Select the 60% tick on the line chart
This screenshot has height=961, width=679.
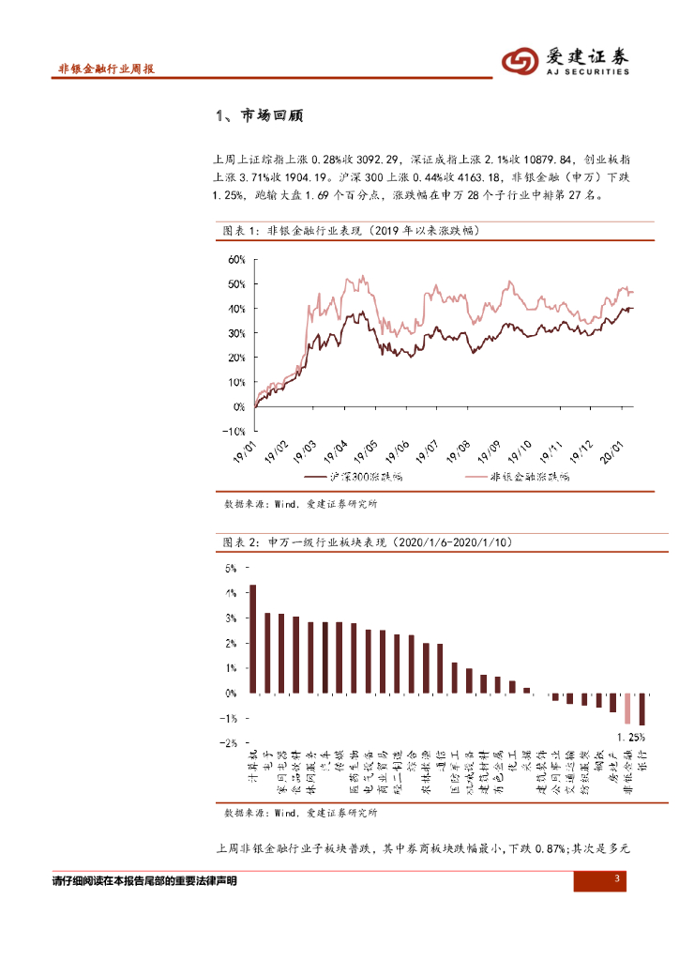click(x=234, y=259)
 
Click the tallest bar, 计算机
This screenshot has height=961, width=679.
click(x=252, y=639)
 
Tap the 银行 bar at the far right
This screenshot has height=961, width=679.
click(x=642, y=709)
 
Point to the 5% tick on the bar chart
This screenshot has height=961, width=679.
click(x=231, y=569)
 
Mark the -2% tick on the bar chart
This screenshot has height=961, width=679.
click(x=230, y=743)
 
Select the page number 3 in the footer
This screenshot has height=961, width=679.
click(x=617, y=878)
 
